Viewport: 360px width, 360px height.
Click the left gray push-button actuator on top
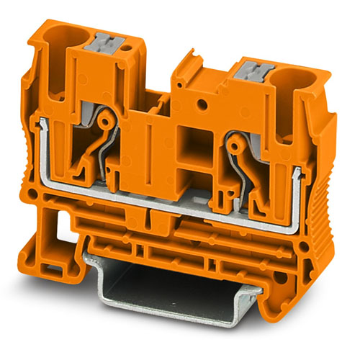click(x=104, y=43)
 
